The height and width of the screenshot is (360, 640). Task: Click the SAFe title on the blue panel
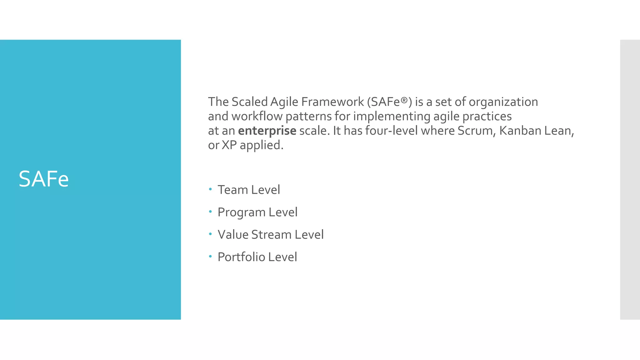point(43,179)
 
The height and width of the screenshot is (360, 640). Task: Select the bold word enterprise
point(267,131)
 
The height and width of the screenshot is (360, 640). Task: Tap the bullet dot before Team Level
point(210,189)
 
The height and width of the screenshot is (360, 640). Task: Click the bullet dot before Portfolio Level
point(210,257)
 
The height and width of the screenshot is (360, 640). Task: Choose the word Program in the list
point(242,212)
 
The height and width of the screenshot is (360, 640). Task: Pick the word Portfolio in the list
point(241,257)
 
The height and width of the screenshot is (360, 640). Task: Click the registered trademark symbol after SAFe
point(404,100)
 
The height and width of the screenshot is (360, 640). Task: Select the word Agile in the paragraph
point(284,102)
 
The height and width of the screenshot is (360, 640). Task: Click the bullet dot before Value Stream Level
point(210,234)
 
